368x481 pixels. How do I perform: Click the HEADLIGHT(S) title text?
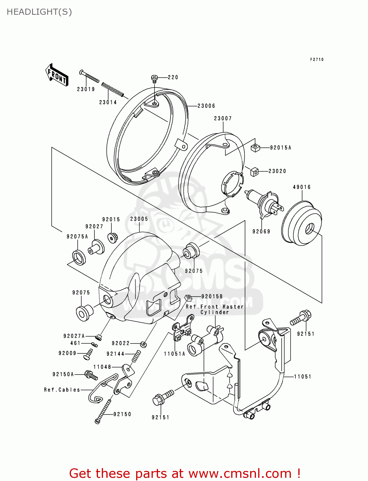click(39, 12)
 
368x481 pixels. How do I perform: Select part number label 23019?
click(86, 89)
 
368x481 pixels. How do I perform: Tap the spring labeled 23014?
click(112, 89)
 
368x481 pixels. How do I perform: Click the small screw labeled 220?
click(154, 78)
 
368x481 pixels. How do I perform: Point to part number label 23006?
click(206, 106)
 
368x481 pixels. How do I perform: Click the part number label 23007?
click(223, 118)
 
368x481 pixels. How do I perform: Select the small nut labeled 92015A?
click(255, 148)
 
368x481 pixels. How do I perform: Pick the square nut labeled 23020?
click(254, 172)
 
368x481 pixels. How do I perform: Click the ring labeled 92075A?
click(79, 257)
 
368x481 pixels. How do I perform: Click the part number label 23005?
click(139, 219)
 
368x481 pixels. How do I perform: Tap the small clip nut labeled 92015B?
click(188, 298)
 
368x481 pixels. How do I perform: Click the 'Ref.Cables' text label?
click(62, 390)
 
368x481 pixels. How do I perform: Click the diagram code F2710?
click(317, 59)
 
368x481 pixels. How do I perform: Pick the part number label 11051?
click(302, 376)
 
